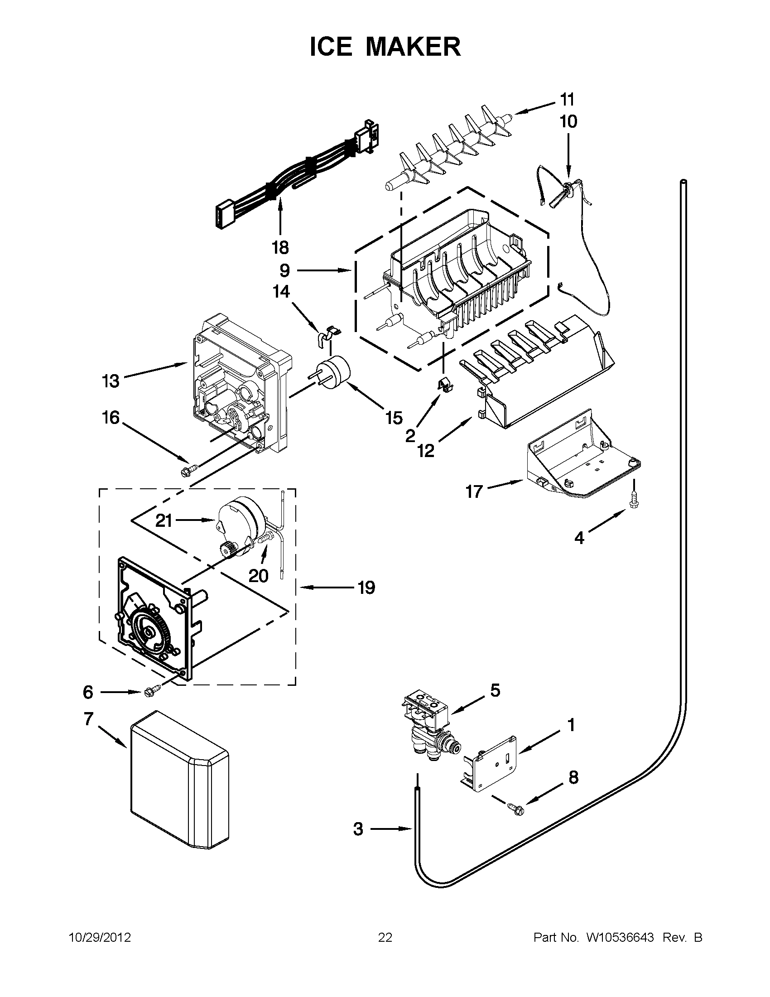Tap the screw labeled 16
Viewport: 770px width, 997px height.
189,469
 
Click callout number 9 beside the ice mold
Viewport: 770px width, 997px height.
284,271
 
